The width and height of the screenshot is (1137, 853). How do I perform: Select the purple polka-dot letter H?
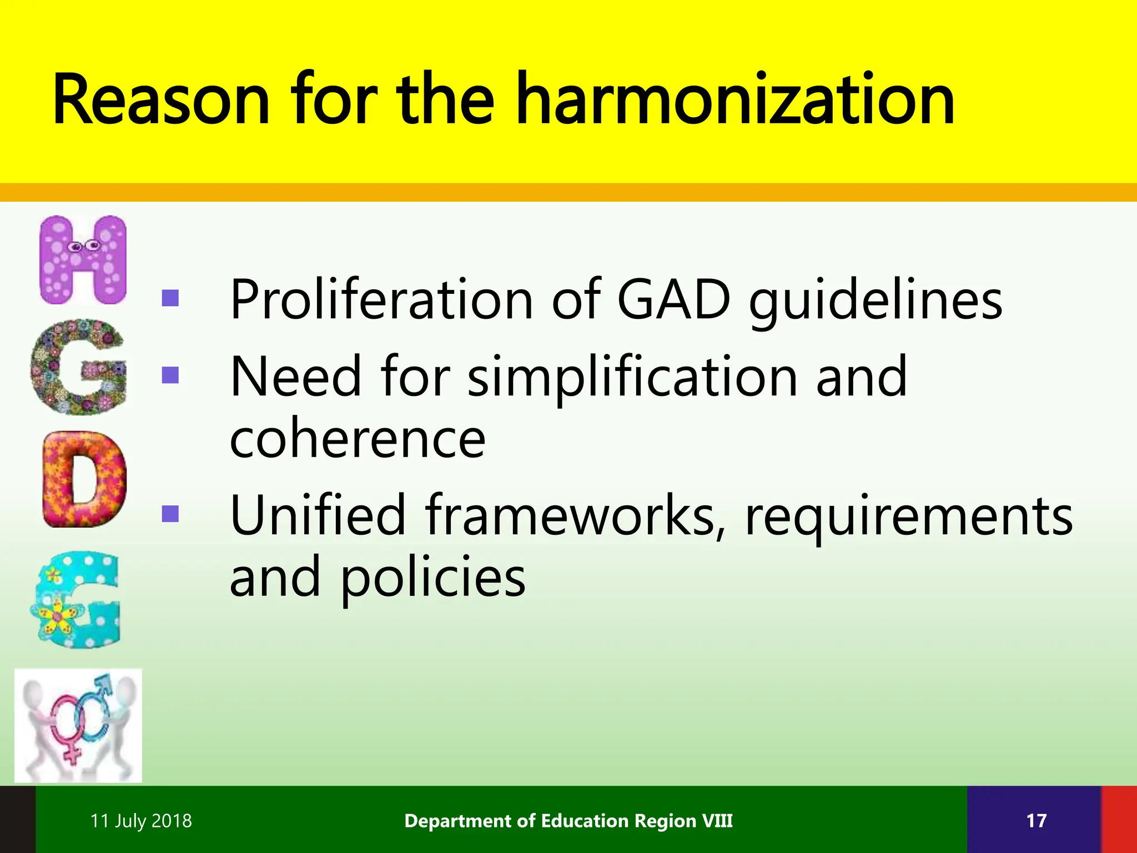(83, 260)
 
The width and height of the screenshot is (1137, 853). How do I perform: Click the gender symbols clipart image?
(78, 726)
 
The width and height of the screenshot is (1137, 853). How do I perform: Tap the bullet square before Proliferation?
(170, 299)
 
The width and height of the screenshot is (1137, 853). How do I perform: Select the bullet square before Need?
(170, 375)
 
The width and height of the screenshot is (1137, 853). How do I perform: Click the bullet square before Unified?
(170, 514)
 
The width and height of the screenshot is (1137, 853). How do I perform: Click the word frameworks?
(575, 515)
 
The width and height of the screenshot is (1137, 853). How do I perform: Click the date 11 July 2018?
(141, 821)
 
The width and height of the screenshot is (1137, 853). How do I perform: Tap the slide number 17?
(1036, 821)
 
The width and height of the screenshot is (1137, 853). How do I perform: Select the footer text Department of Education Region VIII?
(568, 821)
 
